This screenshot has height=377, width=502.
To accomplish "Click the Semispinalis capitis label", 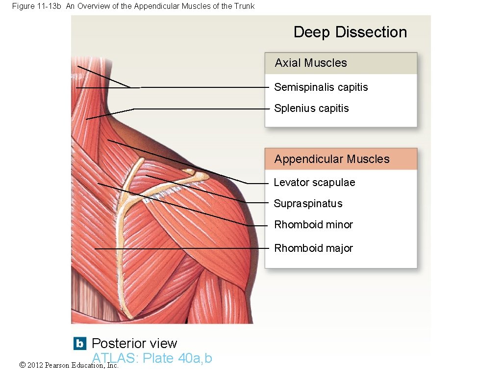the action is [x=321, y=87].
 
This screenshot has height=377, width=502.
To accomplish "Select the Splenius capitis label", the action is [x=311, y=108].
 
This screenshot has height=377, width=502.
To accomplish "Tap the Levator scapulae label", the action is [x=314, y=183].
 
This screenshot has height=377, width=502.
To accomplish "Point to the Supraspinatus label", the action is [x=308, y=204].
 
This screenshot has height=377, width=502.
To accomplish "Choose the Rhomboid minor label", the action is [x=313, y=225].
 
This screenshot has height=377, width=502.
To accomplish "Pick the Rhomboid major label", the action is [x=313, y=248].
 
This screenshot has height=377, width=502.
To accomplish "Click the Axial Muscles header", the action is [x=311, y=63].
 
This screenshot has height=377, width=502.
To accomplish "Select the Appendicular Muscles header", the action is [x=332, y=159].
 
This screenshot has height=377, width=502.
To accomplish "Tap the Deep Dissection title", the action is [x=350, y=32].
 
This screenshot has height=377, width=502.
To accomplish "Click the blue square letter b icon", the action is [x=79, y=343].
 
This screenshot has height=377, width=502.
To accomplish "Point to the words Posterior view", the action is [x=134, y=343].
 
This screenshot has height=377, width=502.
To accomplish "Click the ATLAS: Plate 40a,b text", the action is [x=152, y=358].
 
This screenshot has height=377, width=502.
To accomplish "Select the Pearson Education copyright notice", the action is [x=69, y=365].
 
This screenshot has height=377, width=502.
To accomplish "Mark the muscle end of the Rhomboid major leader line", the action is [x=95, y=249].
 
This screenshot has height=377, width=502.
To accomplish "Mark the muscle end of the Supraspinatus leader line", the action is [x=146, y=176].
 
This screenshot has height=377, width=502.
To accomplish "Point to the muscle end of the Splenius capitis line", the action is [x=86, y=119].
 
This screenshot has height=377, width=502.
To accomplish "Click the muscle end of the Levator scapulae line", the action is [x=108, y=141].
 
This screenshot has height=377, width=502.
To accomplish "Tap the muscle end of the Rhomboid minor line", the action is [x=98, y=184].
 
